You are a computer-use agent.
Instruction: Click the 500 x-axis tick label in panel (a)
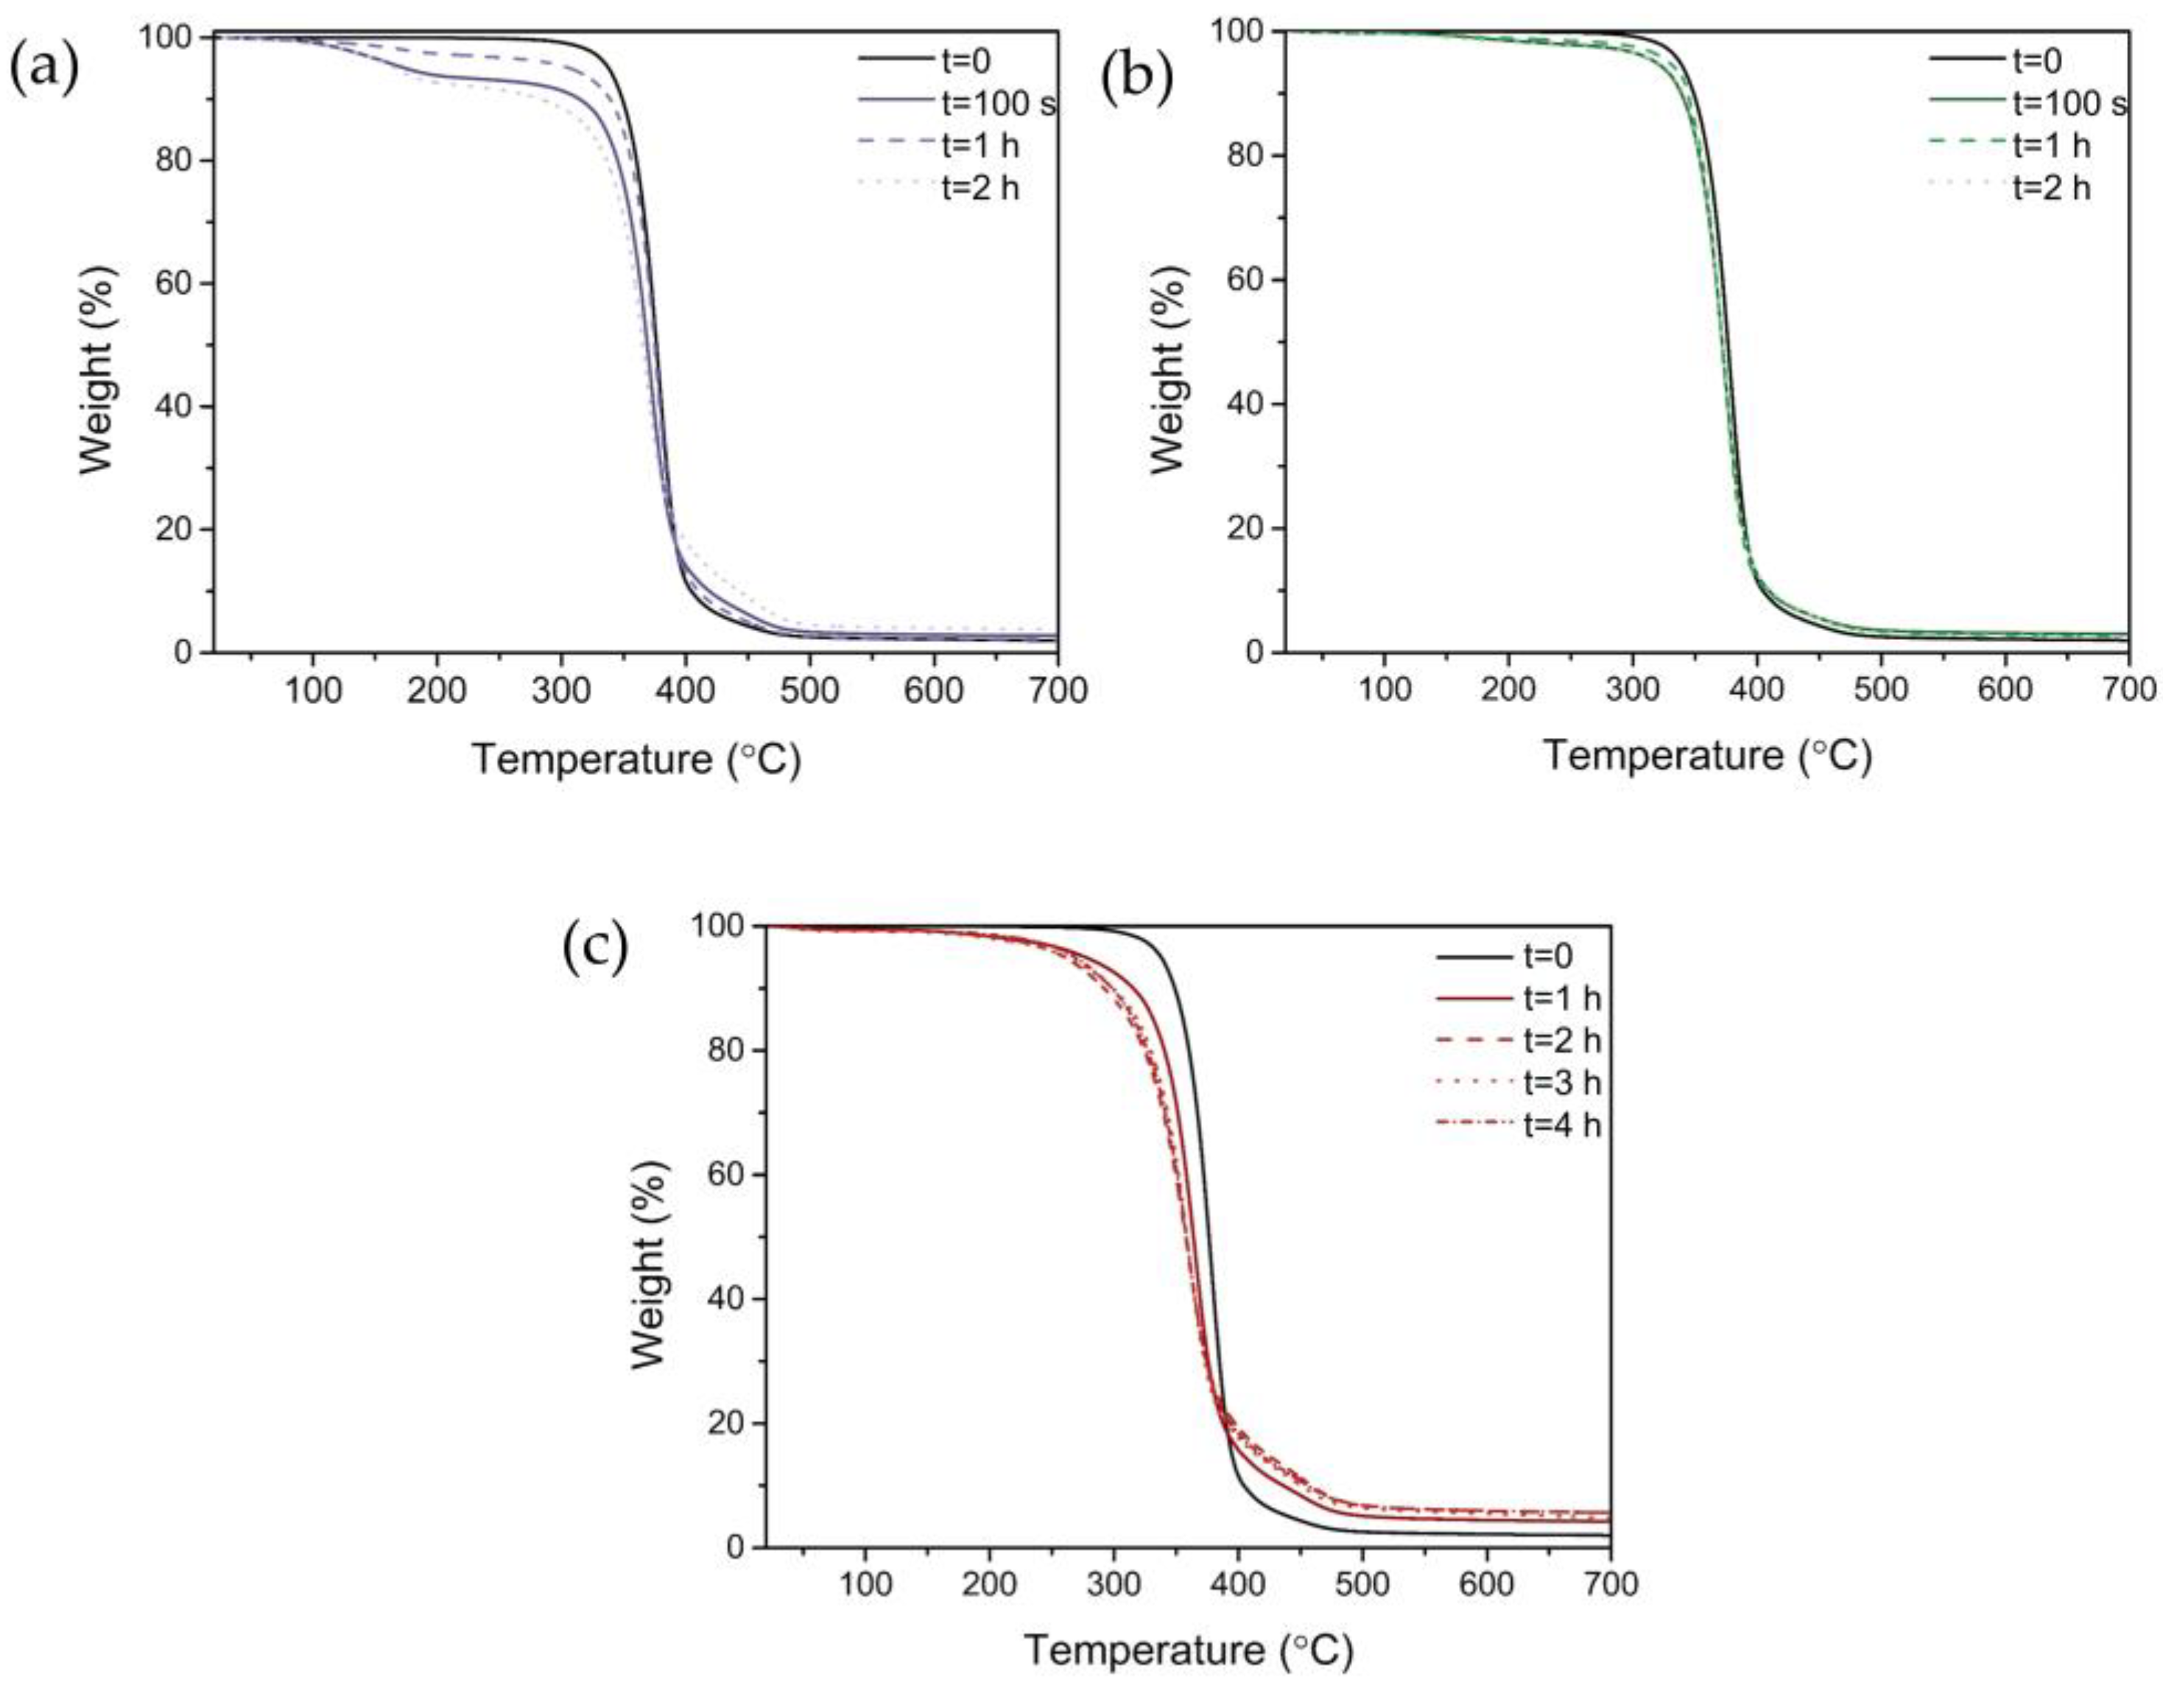809,691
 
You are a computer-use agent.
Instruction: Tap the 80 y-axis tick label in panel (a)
175,161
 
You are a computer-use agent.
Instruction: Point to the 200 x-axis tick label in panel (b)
1508,691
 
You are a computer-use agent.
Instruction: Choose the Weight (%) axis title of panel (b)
1170,368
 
